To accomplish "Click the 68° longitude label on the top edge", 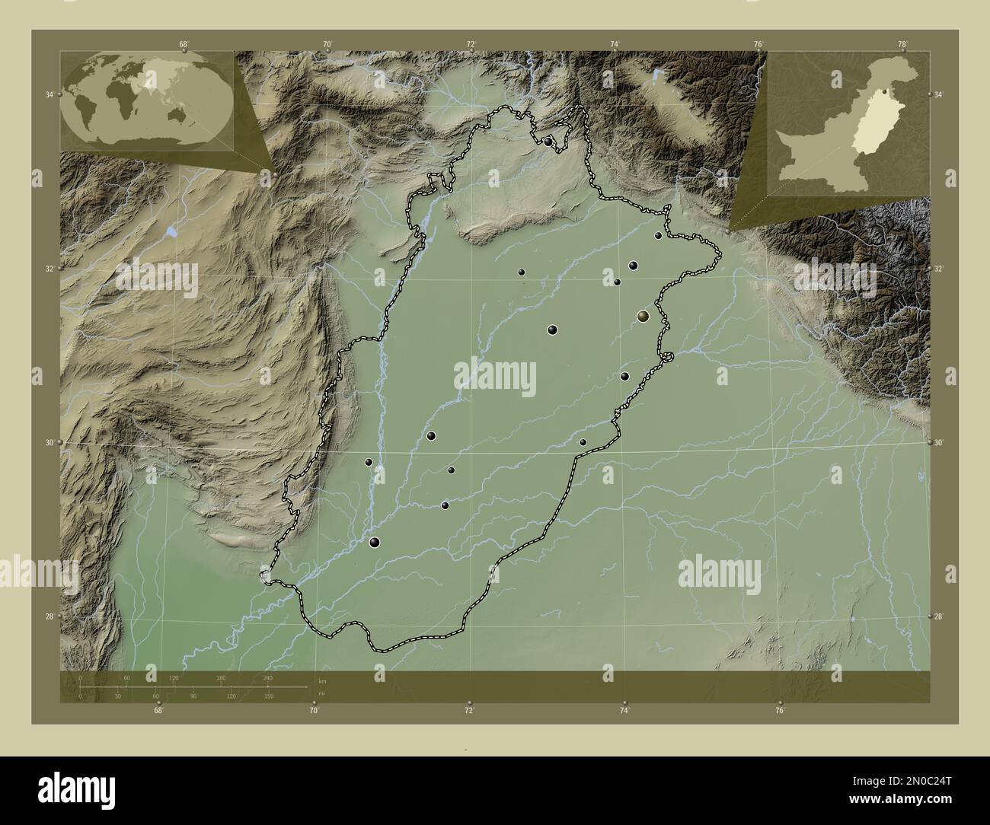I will [x=184, y=44].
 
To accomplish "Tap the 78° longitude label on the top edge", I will [x=902, y=44].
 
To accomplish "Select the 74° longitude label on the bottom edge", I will [x=624, y=711].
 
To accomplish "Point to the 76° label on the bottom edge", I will [x=780, y=711].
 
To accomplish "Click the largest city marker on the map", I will [x=644, y=316].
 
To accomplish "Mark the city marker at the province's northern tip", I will [x=548, y=142].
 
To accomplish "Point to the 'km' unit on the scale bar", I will [x=322, y=680].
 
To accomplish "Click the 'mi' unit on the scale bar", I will [x=322, y=694].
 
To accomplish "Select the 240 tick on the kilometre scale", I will [x=267, y=677].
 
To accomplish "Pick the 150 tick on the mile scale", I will [x=269, y=696].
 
